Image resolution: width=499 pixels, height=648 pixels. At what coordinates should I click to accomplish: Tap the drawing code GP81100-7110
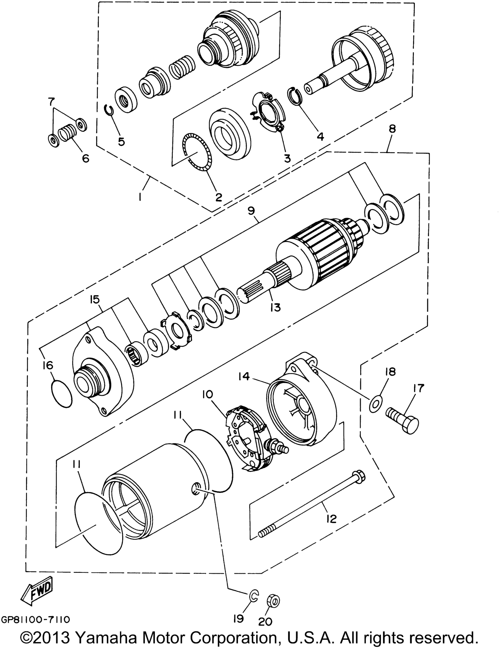(36, 620)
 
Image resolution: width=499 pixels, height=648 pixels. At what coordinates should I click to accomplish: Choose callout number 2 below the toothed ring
(219, 197)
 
